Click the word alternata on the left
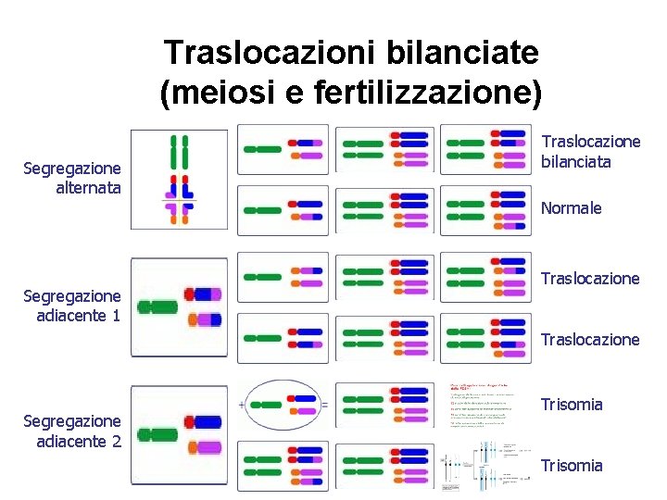[89, 188]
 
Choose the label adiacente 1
[78, 316]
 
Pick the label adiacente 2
[78, 441]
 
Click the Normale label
[571, 208]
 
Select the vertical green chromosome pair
[179, 154]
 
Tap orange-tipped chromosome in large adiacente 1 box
[205, 320]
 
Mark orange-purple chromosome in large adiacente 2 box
[206, 448]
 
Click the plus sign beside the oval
[243, 405]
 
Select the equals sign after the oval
[323, 405]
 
